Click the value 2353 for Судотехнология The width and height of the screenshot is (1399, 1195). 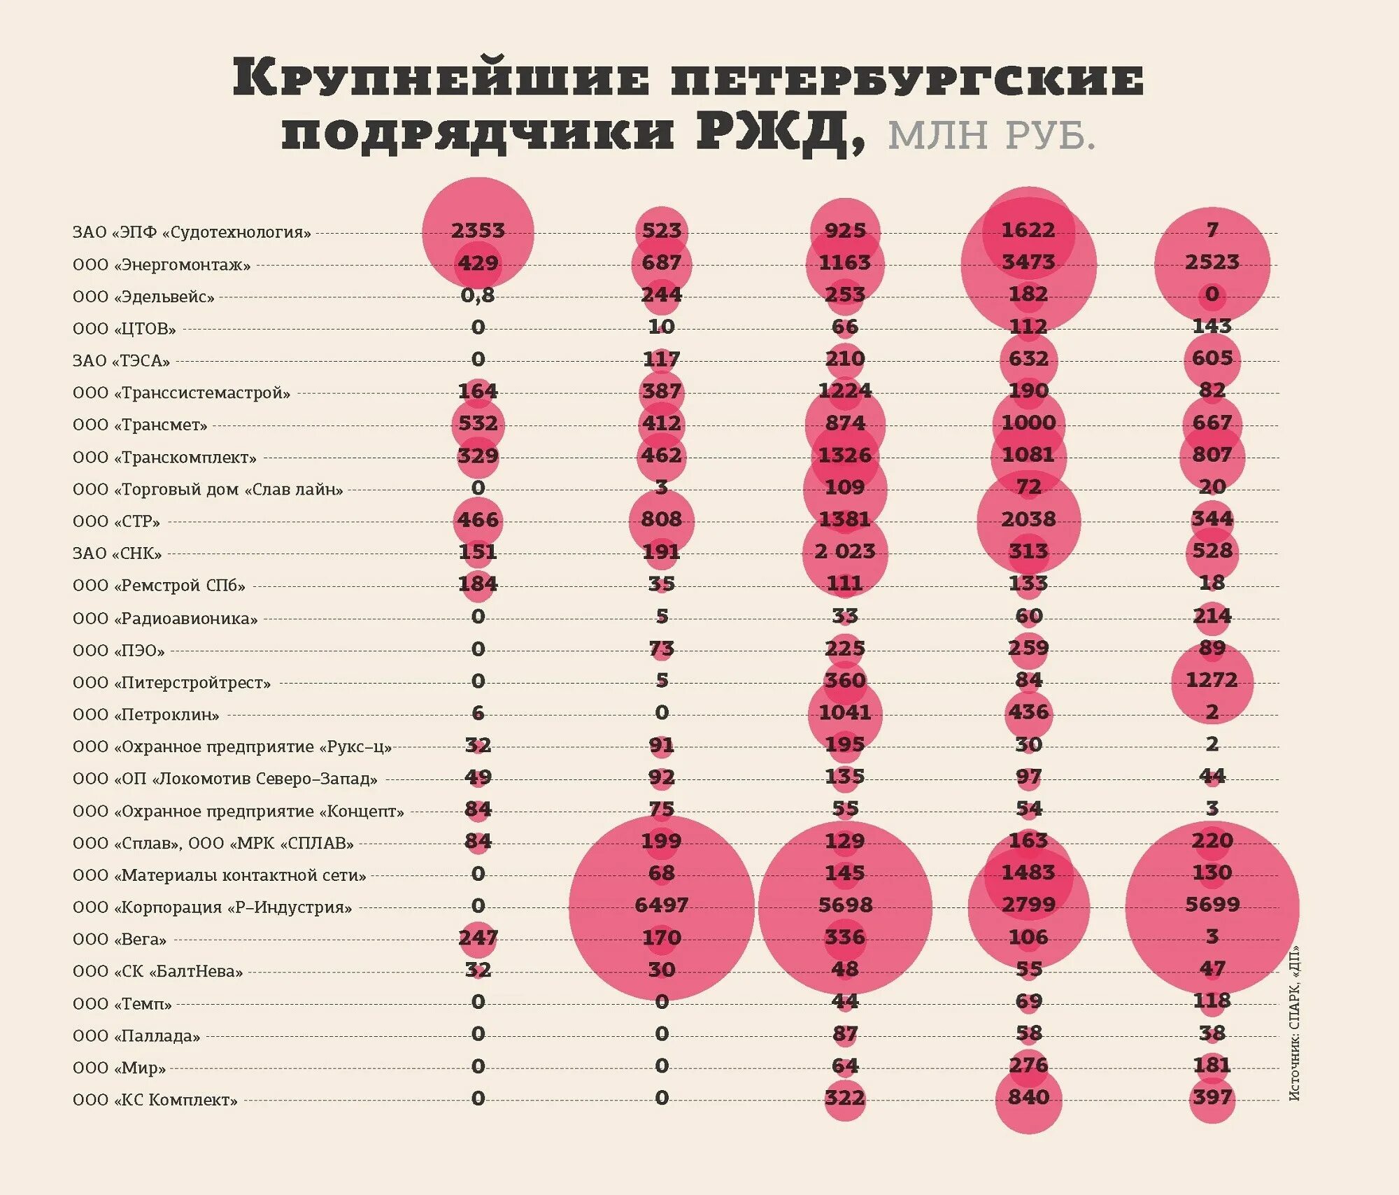pos(478,231)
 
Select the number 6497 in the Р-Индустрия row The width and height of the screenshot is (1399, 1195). pos(661,905)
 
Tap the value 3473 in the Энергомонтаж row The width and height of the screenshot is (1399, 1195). pos(1028,262)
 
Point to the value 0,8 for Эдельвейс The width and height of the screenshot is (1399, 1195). pos(478,295)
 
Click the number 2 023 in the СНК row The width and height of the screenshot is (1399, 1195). pos(844,552)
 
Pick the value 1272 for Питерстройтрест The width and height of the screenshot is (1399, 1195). pos(1212,680)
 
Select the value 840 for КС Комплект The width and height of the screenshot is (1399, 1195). pos(1028,1098)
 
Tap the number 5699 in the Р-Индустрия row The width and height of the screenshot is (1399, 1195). pos(1212,905)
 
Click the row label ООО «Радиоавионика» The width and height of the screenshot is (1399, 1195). pos(165,618)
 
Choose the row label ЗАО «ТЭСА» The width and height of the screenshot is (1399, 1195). pos(122,361)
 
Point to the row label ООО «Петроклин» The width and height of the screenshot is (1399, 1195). pos(146,715)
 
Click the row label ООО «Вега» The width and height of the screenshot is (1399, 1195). pos(120,940)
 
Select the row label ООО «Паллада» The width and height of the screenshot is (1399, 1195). pos(136,1036)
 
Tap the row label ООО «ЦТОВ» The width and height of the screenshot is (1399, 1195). pos(125,329)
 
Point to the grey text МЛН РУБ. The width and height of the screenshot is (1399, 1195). pos(991,135)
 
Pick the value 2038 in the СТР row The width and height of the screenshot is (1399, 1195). pos(1028,520)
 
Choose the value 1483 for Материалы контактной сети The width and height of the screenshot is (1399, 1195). pos(1028,873)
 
